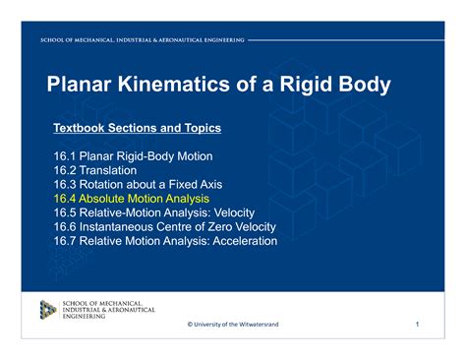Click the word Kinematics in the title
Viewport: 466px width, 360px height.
174,84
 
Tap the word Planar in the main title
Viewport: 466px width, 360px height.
79,84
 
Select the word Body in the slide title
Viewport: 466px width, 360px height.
365,85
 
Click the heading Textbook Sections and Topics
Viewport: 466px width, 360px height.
138,128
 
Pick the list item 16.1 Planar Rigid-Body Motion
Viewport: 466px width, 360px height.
133,156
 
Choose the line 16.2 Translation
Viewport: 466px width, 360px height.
95,170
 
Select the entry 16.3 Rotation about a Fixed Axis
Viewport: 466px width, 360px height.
138,185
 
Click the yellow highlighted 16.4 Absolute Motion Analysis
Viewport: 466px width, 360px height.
132,199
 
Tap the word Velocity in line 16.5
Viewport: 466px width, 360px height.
234,213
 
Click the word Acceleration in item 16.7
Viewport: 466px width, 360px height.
245,241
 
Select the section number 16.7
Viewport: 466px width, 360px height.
65,241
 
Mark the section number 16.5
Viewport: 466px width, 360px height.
65,212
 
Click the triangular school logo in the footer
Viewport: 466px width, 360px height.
48,310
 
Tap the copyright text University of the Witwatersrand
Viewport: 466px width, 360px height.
236,325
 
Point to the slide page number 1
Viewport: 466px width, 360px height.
417,325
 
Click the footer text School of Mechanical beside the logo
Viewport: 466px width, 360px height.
102,304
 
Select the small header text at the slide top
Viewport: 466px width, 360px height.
143,40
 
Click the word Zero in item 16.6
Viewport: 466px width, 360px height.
221,227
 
